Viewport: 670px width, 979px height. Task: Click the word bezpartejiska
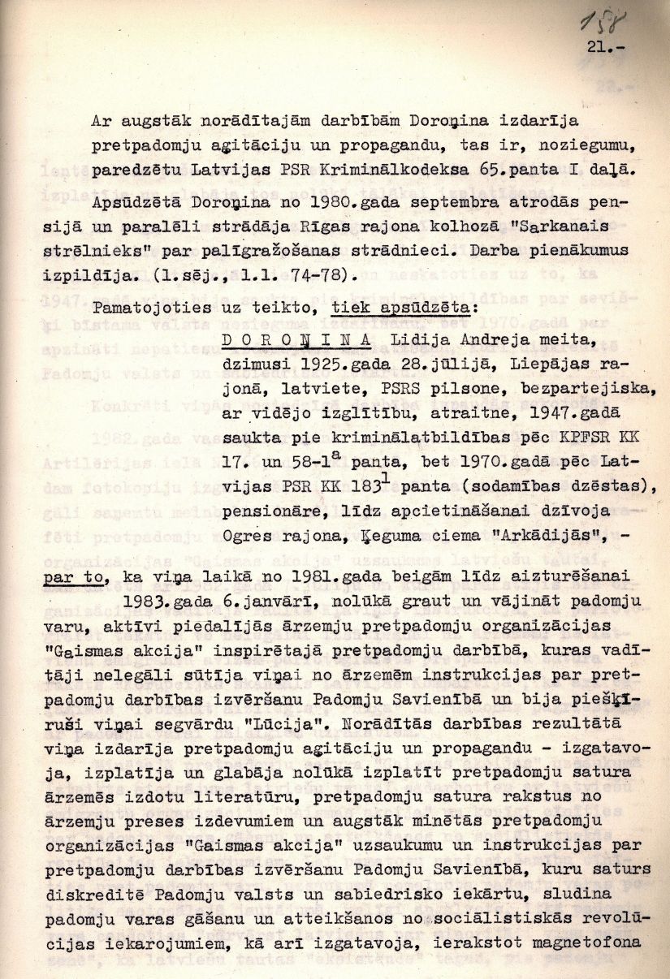pos(548,382)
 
